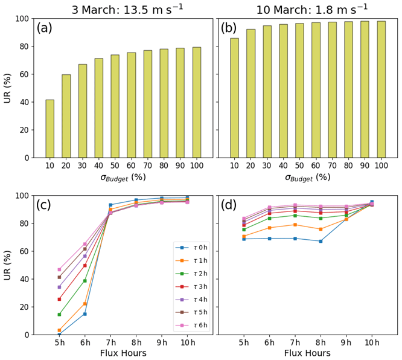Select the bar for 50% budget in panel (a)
coord(115,106)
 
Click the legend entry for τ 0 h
coord(193,248)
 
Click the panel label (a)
coord(48,28)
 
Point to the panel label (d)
coord(229,205)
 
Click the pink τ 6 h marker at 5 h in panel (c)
coord(59,269)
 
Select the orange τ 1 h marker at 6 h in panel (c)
coord(85,303)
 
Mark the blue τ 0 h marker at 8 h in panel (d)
coord(321,241)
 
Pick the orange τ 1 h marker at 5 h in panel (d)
coord(244,236)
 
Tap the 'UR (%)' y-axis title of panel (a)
coord(8,88)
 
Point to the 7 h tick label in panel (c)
coord(111,343)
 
